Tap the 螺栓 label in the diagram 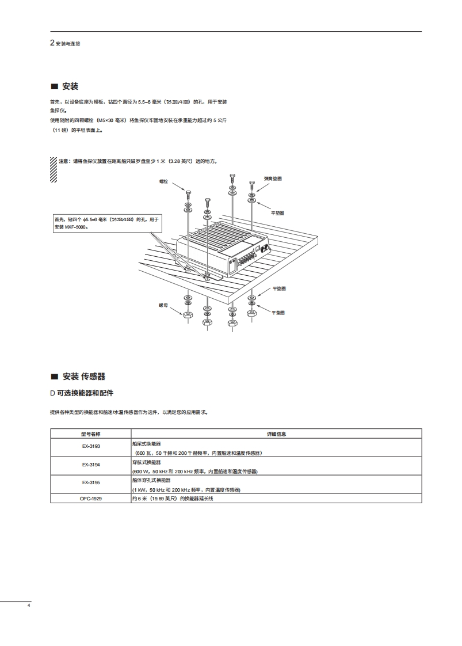tap(163, 181)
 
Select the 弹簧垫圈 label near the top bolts tap(273, 179)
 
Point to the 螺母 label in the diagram tap(163, 305)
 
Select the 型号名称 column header tap(90, 434)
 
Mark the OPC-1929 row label tap(90, 498)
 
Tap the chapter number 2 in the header tap(52, 43)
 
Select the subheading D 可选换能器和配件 tap(82, 393)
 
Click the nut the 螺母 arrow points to tap(188, 315)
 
